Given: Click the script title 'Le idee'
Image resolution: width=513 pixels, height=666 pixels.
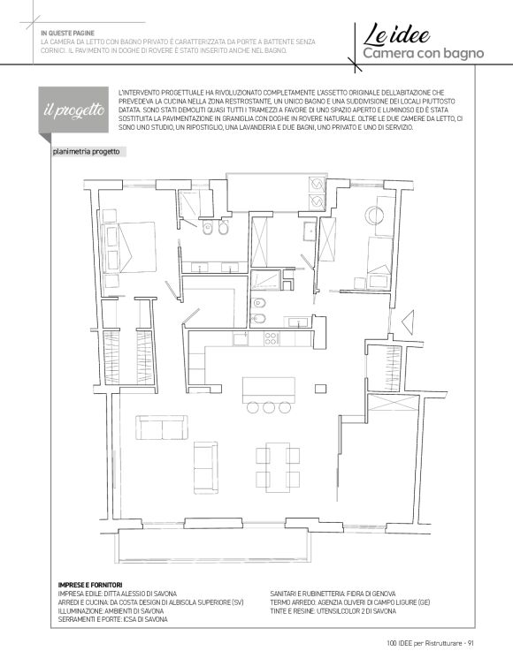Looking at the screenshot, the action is (x=396, y=34).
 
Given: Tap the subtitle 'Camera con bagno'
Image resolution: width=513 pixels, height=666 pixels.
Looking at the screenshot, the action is (x=424, y=53).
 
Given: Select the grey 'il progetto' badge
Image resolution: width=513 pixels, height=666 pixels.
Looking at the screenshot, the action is (x=73, y=110).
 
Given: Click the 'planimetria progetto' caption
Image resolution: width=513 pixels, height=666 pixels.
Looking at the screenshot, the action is (x=87, y=152).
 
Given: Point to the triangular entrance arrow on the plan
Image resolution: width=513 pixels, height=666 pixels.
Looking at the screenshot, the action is (x=408, y=322).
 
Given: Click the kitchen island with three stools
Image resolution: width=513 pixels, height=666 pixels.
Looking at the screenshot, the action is (x=268, y=390).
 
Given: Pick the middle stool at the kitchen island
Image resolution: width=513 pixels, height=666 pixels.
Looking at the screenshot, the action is (x=268, y=407).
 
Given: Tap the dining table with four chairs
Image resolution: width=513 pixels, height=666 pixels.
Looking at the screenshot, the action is (x=278, y=467).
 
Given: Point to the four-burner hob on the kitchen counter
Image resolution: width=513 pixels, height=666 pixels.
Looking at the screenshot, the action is (x=271, y=338).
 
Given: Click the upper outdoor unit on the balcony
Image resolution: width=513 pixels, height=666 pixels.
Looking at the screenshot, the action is (x=317, y=185).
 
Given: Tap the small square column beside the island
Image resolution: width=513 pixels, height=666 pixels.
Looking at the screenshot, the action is (x=320, y=389).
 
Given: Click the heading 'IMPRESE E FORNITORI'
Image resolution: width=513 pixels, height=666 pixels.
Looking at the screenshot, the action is (x=90, y=585).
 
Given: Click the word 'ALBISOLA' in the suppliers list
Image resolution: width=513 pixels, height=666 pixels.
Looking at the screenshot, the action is (x=187, y=602).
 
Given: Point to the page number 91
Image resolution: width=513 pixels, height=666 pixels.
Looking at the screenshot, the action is (x=471, y=643).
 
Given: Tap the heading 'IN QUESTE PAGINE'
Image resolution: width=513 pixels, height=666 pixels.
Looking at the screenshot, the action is (x=67, y=33).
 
